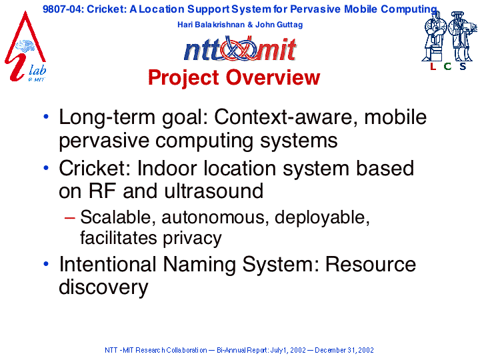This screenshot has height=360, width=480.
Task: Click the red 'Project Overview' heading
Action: [234, 77]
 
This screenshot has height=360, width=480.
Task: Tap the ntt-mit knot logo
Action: [240, 49]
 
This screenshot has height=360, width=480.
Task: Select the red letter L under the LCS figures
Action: [433, 66]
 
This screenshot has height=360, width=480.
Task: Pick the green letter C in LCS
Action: [447, 66]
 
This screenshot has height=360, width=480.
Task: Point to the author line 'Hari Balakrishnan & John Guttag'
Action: [240, 25]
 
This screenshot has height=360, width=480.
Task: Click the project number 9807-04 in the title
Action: [62, 9]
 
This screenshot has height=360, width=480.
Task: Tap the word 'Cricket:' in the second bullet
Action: [95, 169]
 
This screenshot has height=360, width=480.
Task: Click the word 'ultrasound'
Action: [214, 191]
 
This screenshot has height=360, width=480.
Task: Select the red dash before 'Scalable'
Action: [70, 217]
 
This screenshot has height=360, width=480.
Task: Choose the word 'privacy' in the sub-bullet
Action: [192, 239]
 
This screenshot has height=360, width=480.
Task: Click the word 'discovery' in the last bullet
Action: [103, 287]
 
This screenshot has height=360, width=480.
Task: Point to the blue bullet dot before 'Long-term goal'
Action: [46, 116]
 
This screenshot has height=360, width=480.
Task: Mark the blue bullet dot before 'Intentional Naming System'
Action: [46, 263]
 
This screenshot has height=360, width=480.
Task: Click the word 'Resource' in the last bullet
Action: [371, 264]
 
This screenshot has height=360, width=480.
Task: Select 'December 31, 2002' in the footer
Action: [344, 350]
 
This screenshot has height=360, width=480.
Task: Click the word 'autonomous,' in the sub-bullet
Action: [215, 217]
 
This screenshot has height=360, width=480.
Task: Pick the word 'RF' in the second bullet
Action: [102, 191]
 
